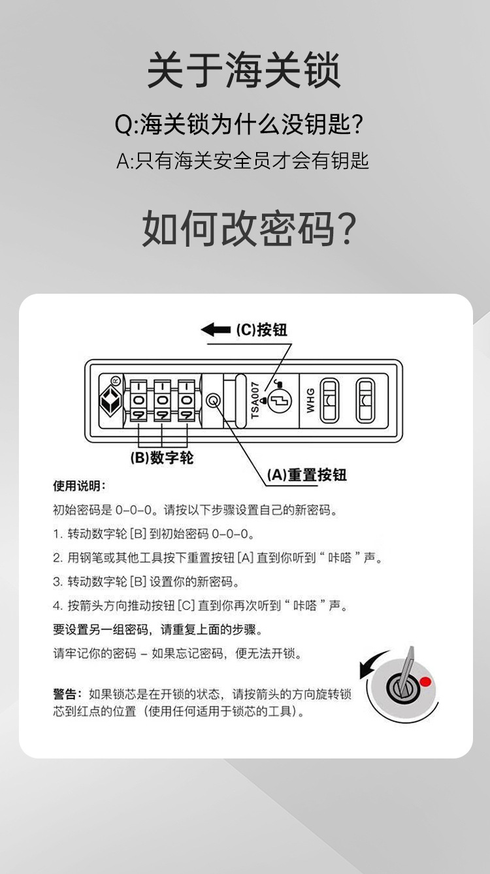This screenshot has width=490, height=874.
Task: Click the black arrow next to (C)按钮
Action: pos(216,330)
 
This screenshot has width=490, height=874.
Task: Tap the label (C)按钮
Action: pos(261,330)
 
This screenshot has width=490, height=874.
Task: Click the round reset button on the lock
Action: pos(213,401)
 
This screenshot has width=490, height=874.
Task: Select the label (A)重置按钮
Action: pos(306,475)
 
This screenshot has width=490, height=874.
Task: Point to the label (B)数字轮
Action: pos(163,458)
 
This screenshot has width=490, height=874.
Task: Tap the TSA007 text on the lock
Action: pos(255,400)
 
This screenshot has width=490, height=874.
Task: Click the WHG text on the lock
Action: pos(310,400)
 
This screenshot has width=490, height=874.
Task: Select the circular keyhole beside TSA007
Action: pos(279,399)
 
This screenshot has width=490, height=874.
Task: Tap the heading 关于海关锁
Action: pos(244,71)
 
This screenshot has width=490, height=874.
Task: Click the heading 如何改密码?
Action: pos(249,228)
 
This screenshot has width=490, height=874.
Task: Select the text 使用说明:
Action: pos(79,486)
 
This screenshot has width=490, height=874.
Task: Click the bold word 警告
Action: pos(67,694)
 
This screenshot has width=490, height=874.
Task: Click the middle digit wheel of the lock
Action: pos(163,400)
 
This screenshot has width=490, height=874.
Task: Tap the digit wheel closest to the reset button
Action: pos(186,400)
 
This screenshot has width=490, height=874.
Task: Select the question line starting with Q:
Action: pos(239,124)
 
